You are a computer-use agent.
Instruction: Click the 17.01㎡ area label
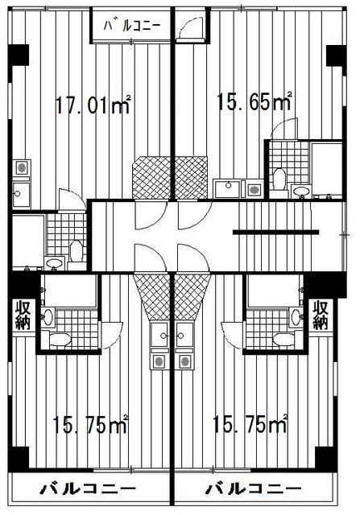coord(93,105)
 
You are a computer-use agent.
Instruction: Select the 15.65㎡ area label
coord(254,101)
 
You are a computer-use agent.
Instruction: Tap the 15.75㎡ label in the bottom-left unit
coord(90,424)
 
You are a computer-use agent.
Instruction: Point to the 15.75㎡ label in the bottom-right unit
coord(250,424)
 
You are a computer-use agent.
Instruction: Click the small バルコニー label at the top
coord(132,26)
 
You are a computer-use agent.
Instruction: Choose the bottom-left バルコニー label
coord(88,489)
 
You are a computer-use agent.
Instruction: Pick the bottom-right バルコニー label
coord(253,489)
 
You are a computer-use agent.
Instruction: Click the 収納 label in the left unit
coord(23,315)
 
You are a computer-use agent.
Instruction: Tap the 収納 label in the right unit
coord(321,315)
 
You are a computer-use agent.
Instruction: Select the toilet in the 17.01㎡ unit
coord(77,252)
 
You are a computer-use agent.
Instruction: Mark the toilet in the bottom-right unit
coord(283,340)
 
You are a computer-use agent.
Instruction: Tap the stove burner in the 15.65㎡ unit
coord(254,190)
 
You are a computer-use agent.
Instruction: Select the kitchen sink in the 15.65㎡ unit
coord(227,188)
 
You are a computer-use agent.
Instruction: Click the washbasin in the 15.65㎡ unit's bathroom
coord(302,191)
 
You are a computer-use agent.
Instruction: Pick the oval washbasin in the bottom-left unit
coord(48,317)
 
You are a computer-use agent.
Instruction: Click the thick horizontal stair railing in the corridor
coord(275,233)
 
